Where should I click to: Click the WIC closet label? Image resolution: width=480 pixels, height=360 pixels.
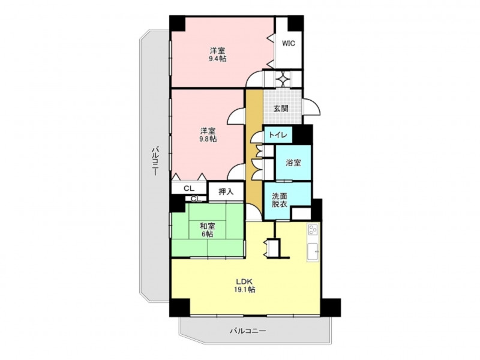[x=289, y=43]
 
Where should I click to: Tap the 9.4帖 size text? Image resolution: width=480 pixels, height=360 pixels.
[x=218, y=59]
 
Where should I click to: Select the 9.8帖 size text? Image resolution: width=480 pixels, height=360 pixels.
[x=208, y=139]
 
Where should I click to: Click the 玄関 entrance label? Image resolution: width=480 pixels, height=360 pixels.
[x=281, y=109]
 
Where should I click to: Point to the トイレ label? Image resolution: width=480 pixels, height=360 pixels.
[x=278, y=135]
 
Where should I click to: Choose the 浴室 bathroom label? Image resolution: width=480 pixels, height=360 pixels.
[x=293, y=163]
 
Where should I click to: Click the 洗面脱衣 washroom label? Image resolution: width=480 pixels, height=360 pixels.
[x=280, y=200]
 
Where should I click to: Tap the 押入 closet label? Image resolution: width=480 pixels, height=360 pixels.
[x=226, y=192]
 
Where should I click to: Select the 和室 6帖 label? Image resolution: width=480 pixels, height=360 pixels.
[x=208, y=230]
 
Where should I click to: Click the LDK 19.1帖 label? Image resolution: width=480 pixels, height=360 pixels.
[x=244, y=286]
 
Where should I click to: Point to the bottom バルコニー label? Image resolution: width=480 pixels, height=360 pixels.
[x=248, y=331]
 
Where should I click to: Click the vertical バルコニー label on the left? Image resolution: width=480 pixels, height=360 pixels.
[x=155, y=161]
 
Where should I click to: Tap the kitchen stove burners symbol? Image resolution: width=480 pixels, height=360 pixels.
[x=313, y=229]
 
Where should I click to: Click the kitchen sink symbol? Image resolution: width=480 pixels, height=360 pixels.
[x=313, y=251]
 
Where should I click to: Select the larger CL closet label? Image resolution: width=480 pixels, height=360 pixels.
[x=189, y=188]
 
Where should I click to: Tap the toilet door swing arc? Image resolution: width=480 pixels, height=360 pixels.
[x=256, y=137]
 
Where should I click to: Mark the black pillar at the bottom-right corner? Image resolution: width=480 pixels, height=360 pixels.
[x=331, y=307]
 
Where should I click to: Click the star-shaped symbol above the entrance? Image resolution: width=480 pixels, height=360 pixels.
[x=283, y=79]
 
